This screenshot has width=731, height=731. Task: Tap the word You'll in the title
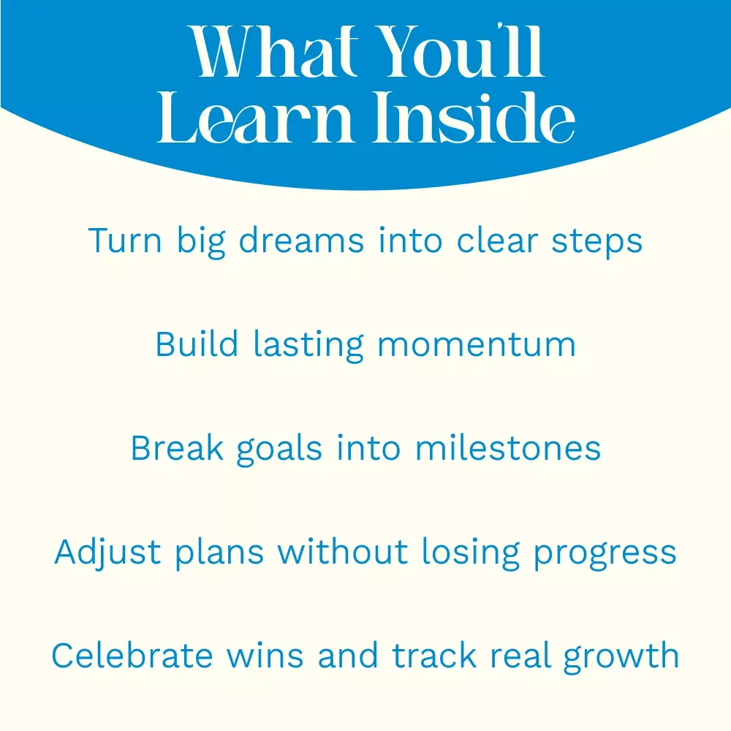462,51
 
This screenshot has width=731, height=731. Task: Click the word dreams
301,240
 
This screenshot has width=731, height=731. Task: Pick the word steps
597,243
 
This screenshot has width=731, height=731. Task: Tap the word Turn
125,240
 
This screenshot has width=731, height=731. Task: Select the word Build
197,344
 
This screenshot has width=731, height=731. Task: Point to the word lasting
308,346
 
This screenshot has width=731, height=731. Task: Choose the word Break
177,448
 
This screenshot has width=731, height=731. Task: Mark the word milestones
508,448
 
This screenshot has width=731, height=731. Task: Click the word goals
279,450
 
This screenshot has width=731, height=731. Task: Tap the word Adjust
108,553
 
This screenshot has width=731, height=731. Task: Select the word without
343,552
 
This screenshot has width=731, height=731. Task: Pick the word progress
605,555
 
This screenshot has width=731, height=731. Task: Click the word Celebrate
132,656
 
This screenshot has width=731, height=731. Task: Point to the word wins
265,656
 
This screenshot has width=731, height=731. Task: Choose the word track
434,656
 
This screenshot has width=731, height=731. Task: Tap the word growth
621,658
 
